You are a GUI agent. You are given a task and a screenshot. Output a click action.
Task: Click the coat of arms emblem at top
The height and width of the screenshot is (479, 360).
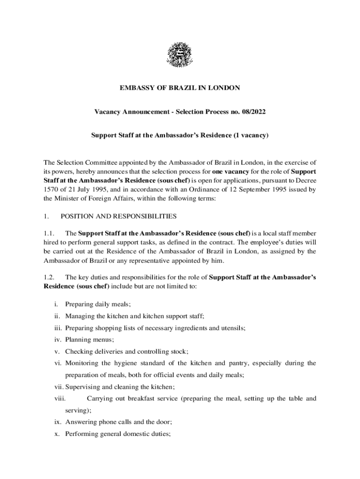click(x=180, y=55)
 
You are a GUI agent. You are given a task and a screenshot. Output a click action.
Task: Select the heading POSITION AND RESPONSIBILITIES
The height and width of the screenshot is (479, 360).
click(x=119, y=217)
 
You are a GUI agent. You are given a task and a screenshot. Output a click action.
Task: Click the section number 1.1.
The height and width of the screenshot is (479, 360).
click(x=50, y=233)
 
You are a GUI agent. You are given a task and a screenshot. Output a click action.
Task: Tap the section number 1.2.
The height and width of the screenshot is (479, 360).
click(x=50, y=277)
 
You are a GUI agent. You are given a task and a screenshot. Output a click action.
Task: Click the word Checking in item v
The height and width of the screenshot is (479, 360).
click(x=78, y=351)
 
